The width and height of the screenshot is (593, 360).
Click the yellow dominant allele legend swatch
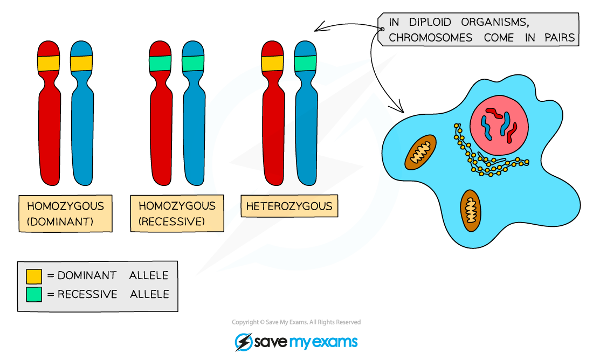click(x=33, y=276)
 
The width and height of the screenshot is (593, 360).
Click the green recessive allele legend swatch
click(x=33, y=294)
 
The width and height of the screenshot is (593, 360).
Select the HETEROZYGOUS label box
click(x=289, y=206)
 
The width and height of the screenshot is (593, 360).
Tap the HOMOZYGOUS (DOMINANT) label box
click(x=65, y=213)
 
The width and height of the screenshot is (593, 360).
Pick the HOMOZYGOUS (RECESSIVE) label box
click(x=177, y=213)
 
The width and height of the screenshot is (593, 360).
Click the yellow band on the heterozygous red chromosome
click(x=272, y=63)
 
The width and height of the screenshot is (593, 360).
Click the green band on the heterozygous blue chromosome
click(x=306, y=63)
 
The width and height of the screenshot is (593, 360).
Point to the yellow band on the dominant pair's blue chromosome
click(x=81, y=63)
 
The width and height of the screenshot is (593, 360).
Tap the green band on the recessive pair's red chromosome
click(x=160, y=63)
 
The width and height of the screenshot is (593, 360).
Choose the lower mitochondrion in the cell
click(x=471, y=211)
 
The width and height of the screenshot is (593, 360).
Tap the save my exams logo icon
click(x=243, y=342)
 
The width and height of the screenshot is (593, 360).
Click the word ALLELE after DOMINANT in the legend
click(x=149, y=275)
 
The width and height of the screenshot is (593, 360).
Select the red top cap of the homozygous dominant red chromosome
click(x=48, y=49)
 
